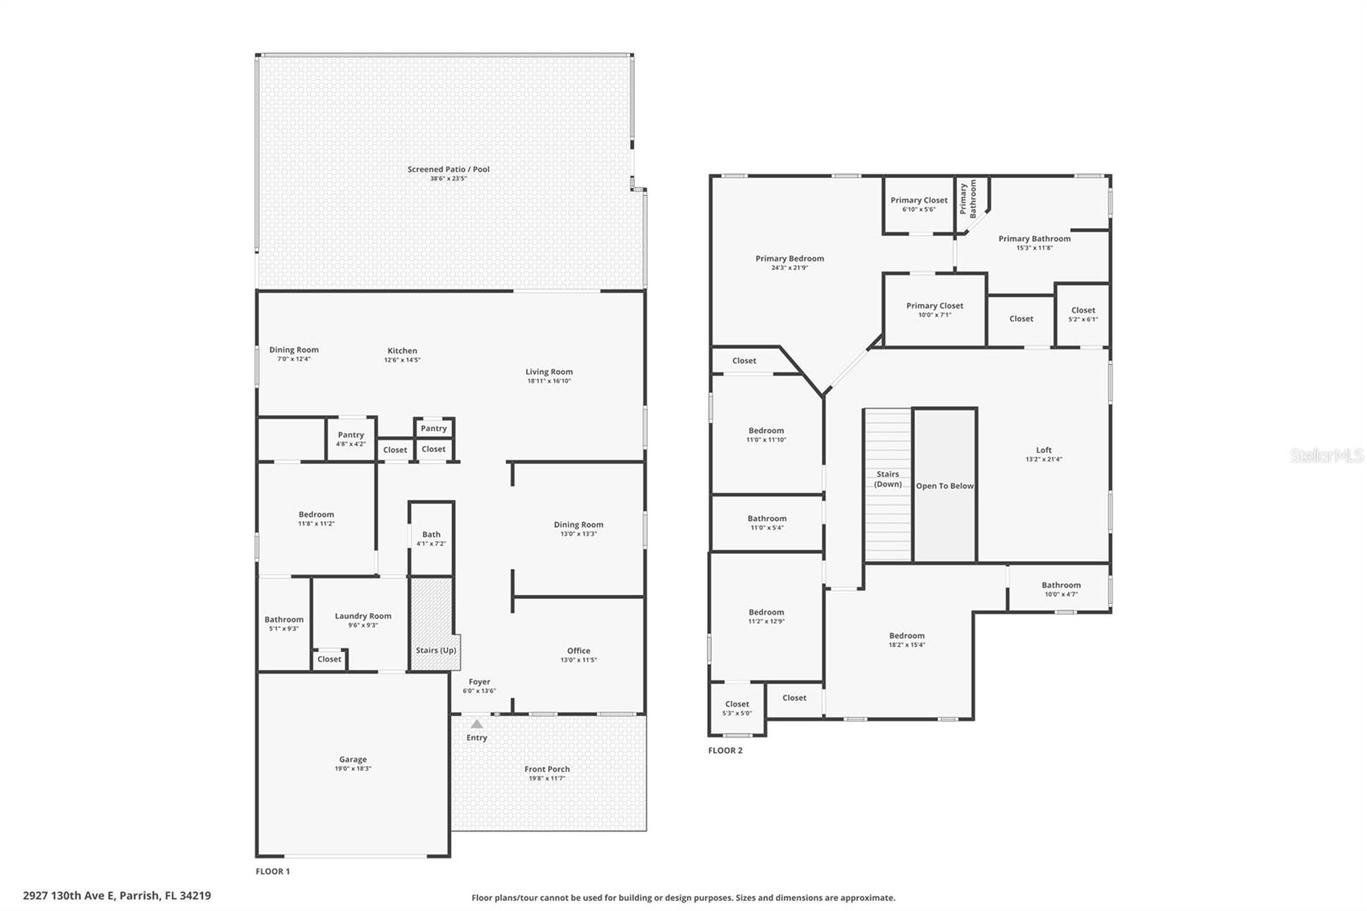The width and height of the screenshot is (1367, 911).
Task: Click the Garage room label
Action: [x=353, y=759]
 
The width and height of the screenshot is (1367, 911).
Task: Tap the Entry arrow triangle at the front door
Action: [x=477, y=724]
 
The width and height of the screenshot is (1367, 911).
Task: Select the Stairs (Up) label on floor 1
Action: [x=436, y=650]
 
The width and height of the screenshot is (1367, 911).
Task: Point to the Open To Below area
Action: [x=945, y=485]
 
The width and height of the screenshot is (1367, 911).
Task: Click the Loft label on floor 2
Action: [x=1043, y=450]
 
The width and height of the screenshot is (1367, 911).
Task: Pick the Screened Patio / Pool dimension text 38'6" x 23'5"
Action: [x=449, y=179]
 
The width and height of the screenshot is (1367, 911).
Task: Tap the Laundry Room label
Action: [x=363, y=616]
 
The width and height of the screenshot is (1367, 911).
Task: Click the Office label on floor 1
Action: [x=578, y=651]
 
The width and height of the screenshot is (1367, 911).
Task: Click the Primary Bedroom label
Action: [x=789, y=259]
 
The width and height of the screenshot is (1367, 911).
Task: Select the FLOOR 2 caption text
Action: [x=725, y=750]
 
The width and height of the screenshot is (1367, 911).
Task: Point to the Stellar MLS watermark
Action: [x=1327, y=455]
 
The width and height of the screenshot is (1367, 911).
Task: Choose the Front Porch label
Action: [x=547, y=769]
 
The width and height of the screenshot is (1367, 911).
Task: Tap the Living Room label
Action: [x=549, y=372]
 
